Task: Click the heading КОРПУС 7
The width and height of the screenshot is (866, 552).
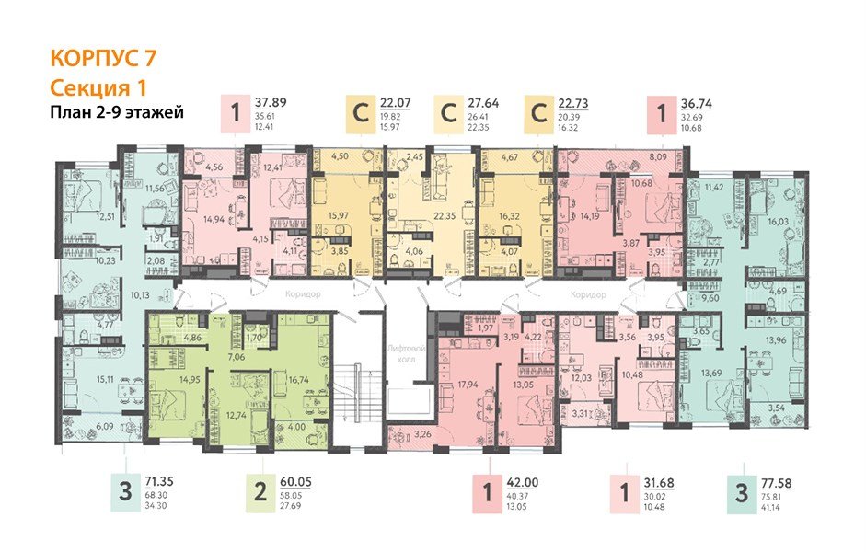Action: (103, 58)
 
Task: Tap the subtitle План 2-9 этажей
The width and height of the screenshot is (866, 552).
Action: (116, 113)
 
